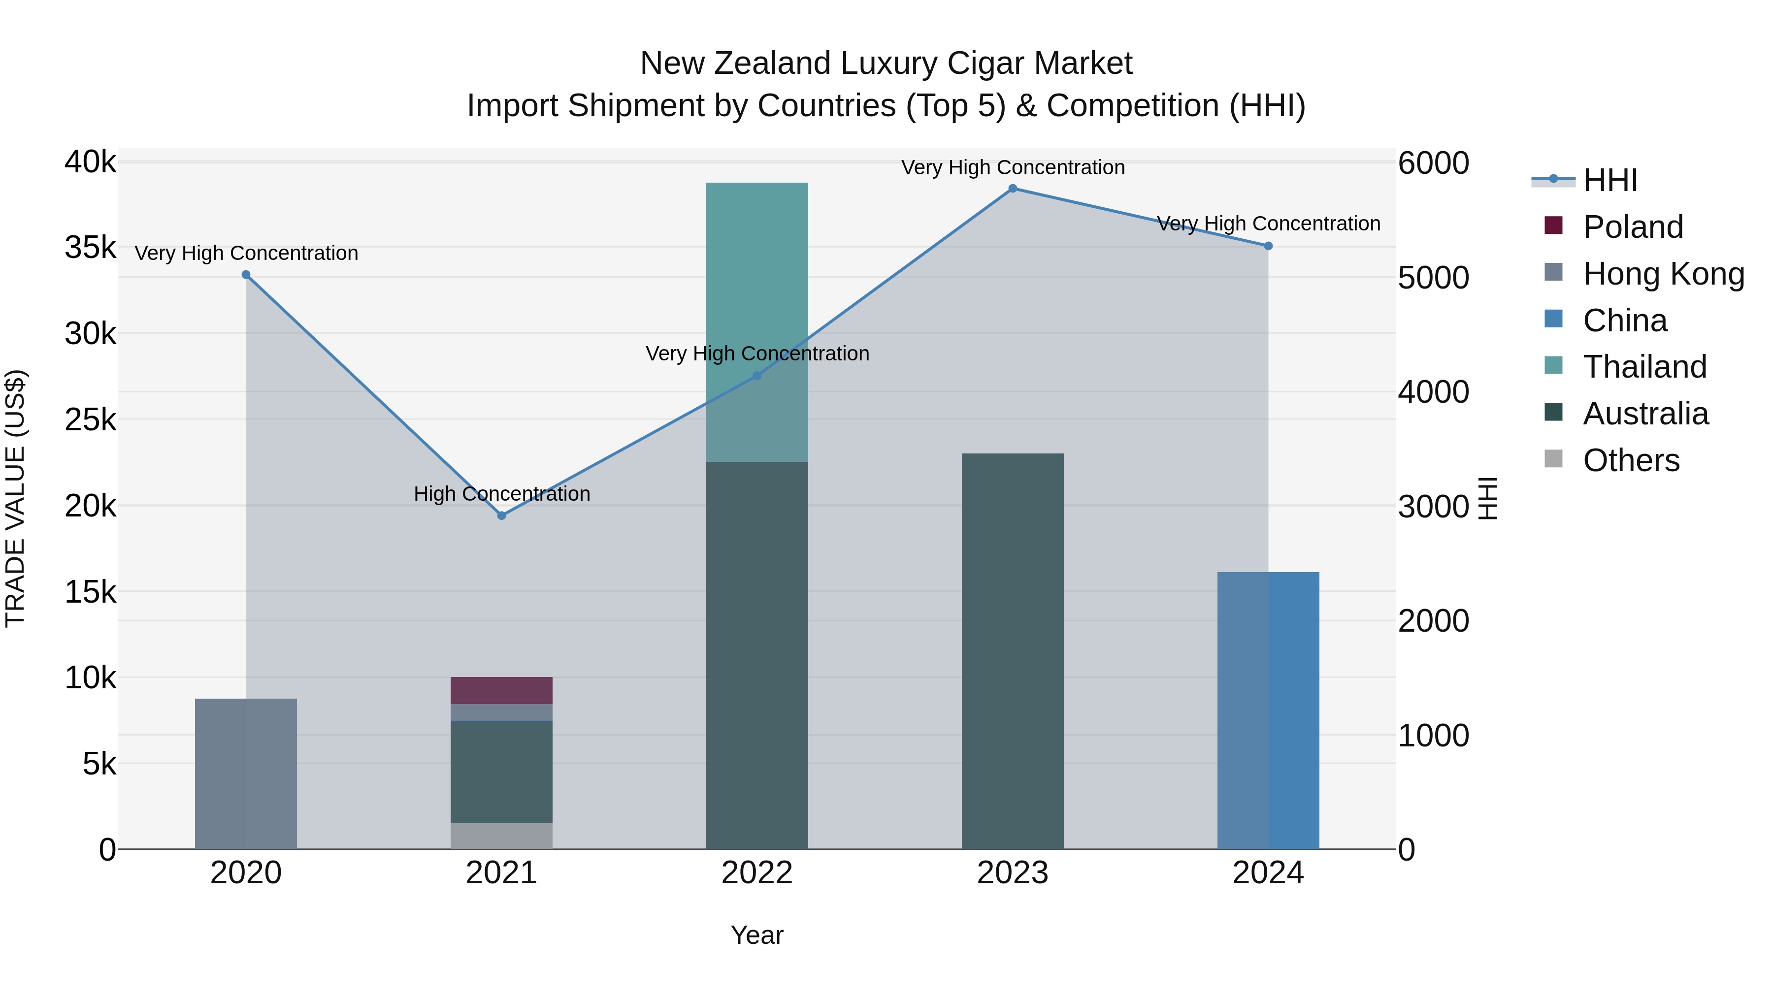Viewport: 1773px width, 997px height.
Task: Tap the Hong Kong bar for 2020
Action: [246, 773]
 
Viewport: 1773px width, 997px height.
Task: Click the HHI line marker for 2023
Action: [1013, 189]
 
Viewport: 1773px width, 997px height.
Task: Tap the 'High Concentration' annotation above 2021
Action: [502, 494]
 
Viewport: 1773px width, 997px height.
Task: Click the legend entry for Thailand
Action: [1644, 367]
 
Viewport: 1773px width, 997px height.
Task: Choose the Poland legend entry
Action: [1633, 227]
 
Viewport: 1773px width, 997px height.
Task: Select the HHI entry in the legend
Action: [1610, 180]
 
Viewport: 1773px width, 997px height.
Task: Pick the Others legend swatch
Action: [1553, 459]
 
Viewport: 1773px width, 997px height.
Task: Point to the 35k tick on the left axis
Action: [90, 248]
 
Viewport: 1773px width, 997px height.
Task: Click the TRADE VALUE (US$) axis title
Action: [15, 498]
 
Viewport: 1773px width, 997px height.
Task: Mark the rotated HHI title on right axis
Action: [1488, 498]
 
